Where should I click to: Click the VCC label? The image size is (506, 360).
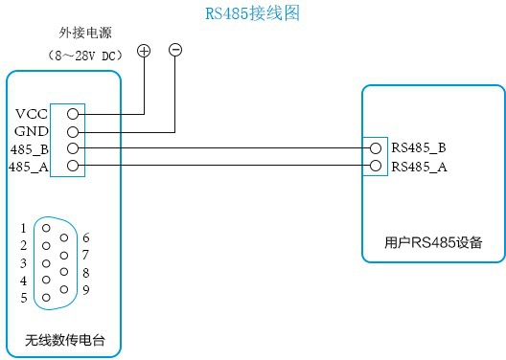coord(32,113)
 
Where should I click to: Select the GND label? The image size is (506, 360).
coord(31,131)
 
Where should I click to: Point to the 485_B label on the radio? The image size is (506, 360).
coord(29,148)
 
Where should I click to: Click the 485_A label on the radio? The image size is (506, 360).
coord(29,167)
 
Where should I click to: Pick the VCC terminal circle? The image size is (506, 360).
coord(73,113)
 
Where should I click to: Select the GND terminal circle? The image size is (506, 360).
coord(73,131)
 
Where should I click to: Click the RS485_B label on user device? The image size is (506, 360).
coord(420,148)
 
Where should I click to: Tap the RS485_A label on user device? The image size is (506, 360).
coord(420,167)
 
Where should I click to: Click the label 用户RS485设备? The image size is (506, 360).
coord(431,243)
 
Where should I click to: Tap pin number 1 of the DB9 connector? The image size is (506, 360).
coord(23,229)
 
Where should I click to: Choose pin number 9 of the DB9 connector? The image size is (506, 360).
coord(86,289)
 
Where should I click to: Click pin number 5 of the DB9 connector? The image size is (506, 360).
coord(23,298)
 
